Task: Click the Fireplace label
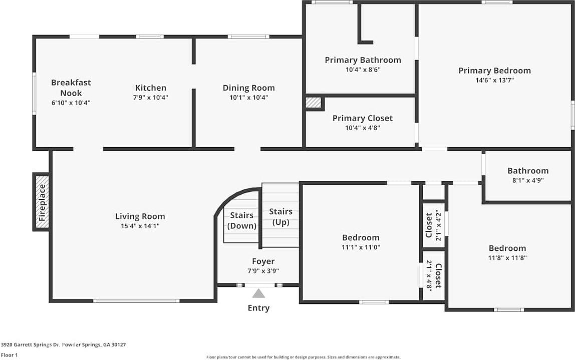43,202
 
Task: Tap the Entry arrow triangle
258,293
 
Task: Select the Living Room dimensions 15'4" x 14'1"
140,226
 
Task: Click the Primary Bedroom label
494,71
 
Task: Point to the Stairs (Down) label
242,220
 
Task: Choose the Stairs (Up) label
280,217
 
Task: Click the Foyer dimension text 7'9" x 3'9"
263,271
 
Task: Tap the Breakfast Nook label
71,88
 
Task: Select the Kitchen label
150,88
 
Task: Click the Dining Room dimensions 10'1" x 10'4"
248,98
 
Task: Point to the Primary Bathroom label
363,60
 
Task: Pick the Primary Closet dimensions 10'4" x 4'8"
363,128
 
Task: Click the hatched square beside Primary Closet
314,102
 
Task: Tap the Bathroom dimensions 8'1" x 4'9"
528,180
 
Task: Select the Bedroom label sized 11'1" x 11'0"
361,237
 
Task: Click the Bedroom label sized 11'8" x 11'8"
507,248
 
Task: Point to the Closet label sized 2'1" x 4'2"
429,225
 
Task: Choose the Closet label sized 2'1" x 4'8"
437,276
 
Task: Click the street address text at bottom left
63,344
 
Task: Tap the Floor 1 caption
10,355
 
